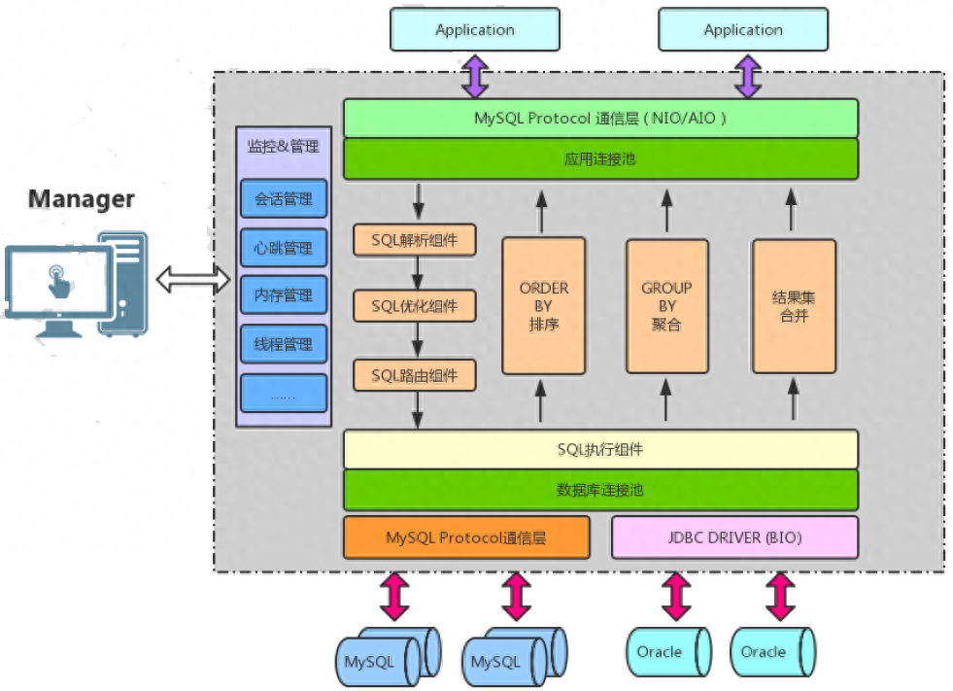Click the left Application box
tap(474, 30)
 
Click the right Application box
tap(743, 30)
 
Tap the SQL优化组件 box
tap(415, 307)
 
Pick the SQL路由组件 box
tap(415, 375)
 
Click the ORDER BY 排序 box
tap(543, 306)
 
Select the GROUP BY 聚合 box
tap(666, 306)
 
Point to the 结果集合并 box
tap(794, 306)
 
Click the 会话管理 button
tap(284, 199)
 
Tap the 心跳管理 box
tap(284, 248)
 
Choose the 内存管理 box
tap(284, 295)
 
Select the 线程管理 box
tap(284, 345)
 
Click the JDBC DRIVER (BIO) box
tap(734, 537)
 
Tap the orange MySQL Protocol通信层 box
tap(466, 537)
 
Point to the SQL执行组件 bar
tap(600, 449)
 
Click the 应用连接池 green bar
tap(600, 158)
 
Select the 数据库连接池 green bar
tap(600, 490)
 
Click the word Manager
tap(82, 199)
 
